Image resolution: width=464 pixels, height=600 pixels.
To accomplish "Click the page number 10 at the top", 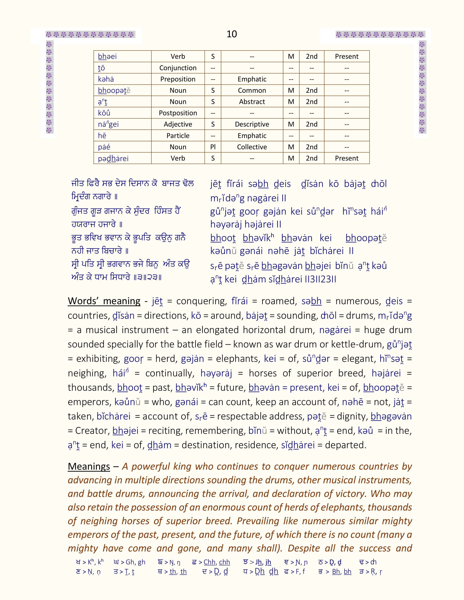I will point(232,34).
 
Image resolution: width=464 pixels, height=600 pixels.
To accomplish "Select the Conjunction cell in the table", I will point(178,68).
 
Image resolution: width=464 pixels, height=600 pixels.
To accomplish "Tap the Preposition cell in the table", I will point(178,79).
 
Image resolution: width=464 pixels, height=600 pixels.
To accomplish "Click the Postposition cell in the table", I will point(178,113).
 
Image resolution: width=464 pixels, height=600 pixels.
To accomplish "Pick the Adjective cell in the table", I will point(178,124).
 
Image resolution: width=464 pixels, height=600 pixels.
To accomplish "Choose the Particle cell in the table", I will point(178,136).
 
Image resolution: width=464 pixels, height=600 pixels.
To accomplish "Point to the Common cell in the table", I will point(252,90).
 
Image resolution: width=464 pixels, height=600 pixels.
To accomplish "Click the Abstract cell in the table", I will point(252,102).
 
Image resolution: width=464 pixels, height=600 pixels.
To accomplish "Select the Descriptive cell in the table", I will point(252,124).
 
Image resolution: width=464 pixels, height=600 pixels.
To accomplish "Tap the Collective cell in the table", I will point(252,147).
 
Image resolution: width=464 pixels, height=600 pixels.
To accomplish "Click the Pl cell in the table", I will point(213,147).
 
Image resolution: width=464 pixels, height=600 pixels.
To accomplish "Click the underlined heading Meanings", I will point(89,467).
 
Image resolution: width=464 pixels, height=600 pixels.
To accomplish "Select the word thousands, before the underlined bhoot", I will point(91,387).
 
